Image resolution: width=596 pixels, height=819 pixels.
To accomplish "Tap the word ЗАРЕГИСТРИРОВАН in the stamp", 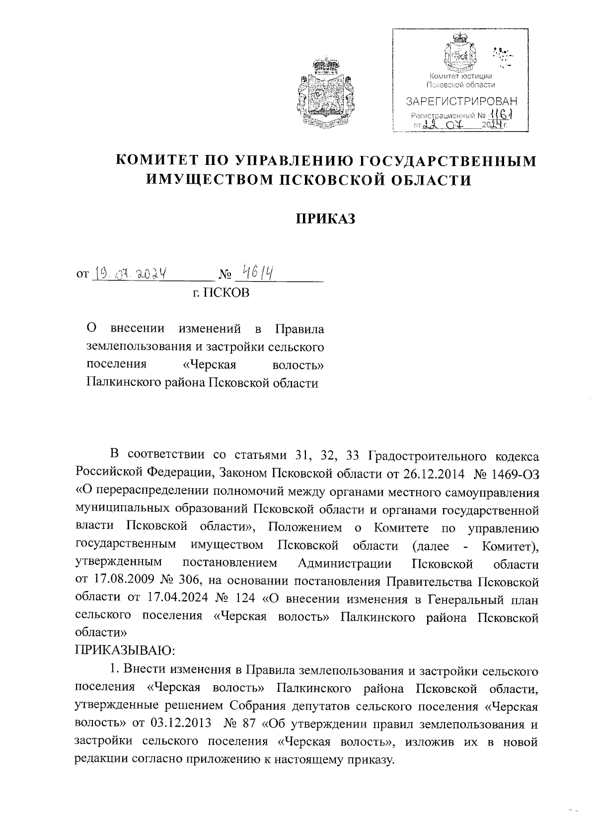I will (x=461, y=102).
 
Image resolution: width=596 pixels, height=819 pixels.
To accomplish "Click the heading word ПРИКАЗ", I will (x=326, y=219).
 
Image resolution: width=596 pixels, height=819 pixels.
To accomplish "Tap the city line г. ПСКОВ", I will (x=221, y=293).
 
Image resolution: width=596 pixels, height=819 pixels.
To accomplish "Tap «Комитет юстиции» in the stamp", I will (x=460, y=76).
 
